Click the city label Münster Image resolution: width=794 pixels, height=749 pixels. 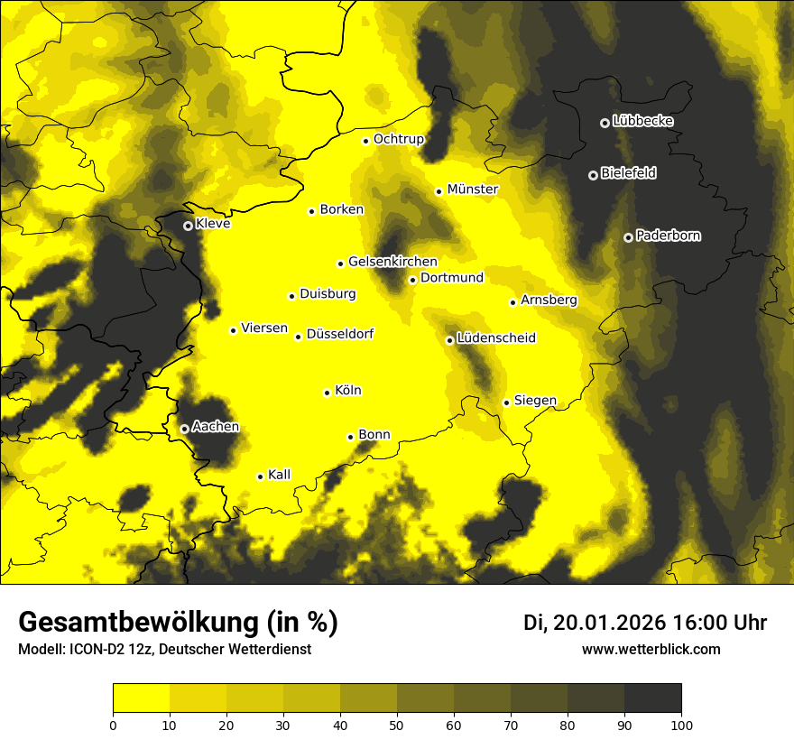[x=473, y=190]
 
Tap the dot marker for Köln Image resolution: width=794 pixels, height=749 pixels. [x=328, y=393]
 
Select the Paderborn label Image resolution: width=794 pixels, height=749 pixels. [x=669, y=236]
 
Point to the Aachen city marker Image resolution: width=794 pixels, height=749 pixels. [x=184, y=429]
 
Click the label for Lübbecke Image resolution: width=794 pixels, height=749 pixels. [x=642, y=121]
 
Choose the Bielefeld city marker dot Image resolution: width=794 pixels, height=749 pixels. [x=593, y=175]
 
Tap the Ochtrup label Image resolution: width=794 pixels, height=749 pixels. [x=399, y=139]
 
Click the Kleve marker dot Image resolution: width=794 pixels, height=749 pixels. [x=188, y=226]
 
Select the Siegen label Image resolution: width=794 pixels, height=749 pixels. [x=535, y=401]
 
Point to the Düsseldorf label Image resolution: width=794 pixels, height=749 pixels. [x=340, y=334]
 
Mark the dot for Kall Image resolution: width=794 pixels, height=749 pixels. [x=260, y=476]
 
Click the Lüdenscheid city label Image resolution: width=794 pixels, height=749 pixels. [x=496, y=338]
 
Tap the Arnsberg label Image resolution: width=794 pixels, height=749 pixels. [x=549, y=300]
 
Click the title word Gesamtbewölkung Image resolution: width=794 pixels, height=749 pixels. [x=136, y=623]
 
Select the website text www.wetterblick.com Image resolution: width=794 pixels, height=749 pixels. [x=651, y=649]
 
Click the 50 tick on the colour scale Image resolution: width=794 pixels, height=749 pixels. [x=397, y=724]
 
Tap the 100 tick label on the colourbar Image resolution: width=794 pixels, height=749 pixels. [x=681, y=724]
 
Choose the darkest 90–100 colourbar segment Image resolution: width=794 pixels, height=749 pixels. [x=652, y=698]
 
